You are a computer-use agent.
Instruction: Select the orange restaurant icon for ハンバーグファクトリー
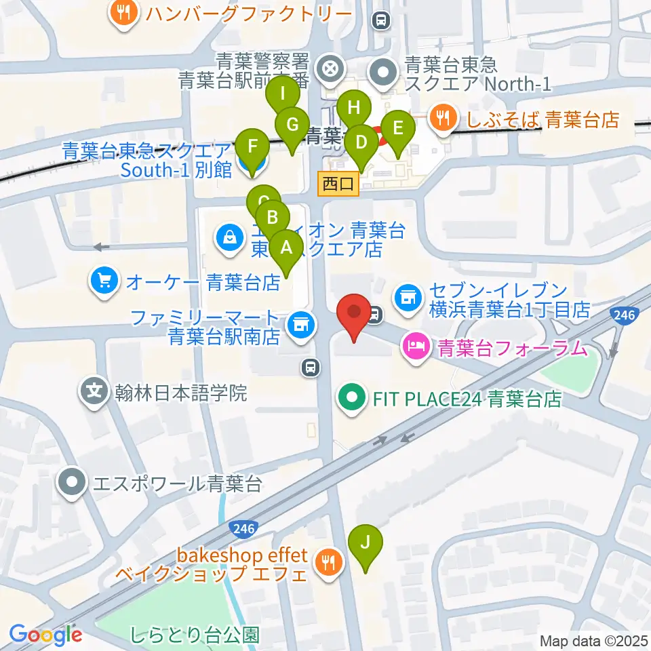pos(123,12)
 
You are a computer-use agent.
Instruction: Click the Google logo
pos(45,635)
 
